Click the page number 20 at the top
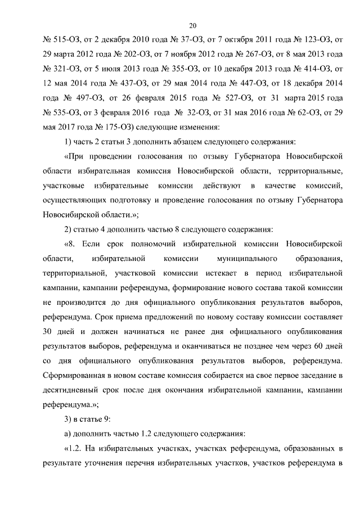coord(192,25)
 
